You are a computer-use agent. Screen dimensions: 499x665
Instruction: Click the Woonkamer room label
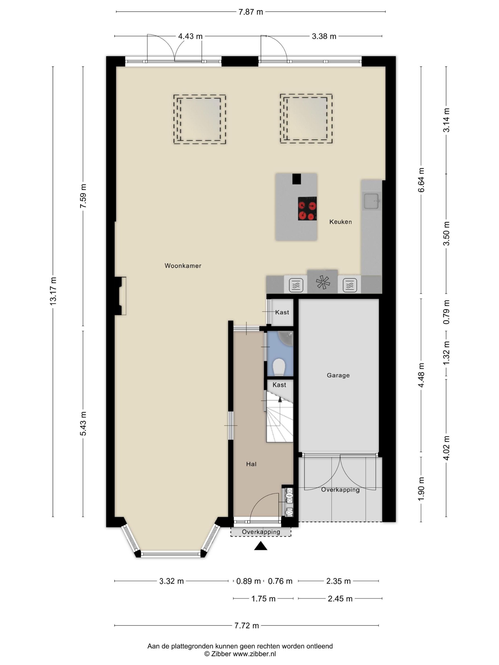point(183,266)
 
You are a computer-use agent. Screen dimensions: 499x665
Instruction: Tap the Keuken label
point(341,222)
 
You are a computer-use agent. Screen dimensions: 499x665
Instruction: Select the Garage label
point(338,375)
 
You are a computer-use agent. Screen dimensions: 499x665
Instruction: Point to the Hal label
point(251,464)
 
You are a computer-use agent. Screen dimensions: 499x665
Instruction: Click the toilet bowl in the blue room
point(279,366)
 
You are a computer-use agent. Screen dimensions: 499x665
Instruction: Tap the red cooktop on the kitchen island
point(307,208)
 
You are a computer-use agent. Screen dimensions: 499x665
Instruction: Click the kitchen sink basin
point(371,201)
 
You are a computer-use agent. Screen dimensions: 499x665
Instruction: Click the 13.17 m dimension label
point(53,291)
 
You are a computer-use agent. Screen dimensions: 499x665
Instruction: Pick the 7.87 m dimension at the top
point(250,12)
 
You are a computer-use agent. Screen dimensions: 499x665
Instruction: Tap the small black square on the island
point(297,179)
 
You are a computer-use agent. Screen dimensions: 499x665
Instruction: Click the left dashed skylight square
point(199,119)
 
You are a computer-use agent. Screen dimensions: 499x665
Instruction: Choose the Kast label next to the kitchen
point(282,312)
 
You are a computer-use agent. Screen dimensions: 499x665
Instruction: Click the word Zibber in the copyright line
point(221,654)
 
